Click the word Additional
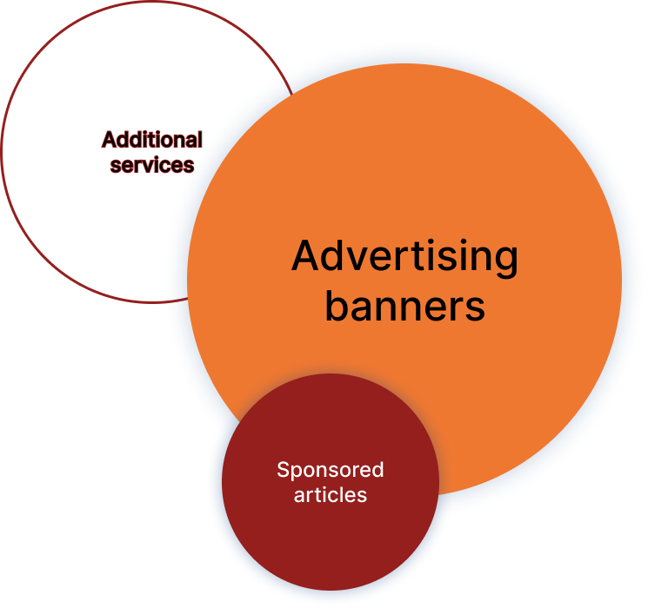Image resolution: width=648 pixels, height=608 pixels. [152, 140]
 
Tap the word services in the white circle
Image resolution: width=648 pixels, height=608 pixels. [152, 164]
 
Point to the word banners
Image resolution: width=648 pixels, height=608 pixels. [404, 306]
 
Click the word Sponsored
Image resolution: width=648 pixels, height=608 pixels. [330, 470]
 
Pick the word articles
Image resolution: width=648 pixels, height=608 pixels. [330, 495]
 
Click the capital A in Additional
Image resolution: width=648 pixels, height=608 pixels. [109, 140]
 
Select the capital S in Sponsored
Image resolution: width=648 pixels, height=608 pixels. [283, 470]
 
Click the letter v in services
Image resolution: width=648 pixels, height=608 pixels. [151, 165]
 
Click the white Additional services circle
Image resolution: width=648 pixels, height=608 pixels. [96, 217]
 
